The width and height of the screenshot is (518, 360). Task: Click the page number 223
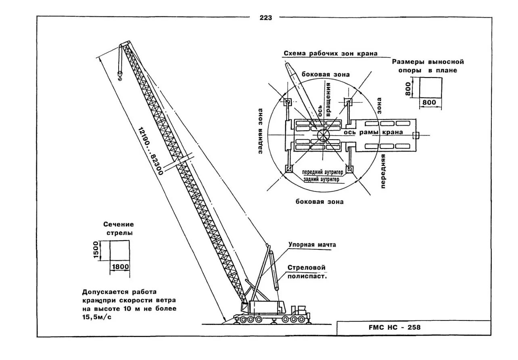[x=266, y=18]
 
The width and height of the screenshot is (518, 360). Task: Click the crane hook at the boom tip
[x=120, y=76]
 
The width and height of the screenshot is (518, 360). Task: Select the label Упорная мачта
[x=312, y=245]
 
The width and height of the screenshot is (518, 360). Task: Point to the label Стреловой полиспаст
[x=307, y=272]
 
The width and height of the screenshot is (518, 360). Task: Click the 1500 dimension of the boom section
[x=96, y=250]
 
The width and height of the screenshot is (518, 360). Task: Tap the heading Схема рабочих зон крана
[x=330, y=53]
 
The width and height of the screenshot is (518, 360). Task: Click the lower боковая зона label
[x=320, y=201]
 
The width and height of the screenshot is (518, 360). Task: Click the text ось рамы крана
[x=373, y=132]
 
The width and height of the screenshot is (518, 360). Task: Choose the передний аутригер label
[x=323, y=172]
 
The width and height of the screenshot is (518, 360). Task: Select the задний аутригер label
[x=323, y=178]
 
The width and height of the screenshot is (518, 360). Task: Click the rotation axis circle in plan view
[x=324, y=135]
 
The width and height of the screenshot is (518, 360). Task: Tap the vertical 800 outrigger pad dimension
[x=408, y=89]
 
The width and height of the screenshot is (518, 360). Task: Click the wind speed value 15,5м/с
[x=97, y=317]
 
